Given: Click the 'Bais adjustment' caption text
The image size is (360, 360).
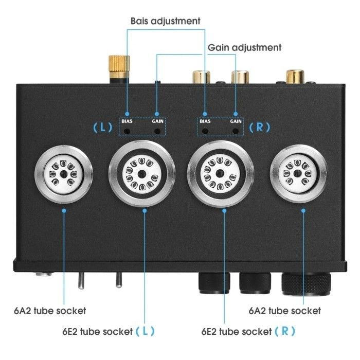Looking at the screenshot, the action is click(x=165, y=21).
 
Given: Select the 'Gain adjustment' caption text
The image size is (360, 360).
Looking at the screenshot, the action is click(x=244, y=47).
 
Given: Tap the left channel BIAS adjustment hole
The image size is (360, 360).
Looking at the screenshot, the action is click(x=127, y=132).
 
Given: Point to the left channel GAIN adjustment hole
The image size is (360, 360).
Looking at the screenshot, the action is click(x=157, y=132).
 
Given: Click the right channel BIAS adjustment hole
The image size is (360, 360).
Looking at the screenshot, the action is click(x=205, y=132).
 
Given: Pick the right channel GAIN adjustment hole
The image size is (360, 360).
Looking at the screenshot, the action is click(x=236, y=132).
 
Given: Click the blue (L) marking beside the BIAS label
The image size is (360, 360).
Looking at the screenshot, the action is click(x=103, y=127).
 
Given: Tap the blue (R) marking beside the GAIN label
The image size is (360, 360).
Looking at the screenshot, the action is click(x=260, y=127).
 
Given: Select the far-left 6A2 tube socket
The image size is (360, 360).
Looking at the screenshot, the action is click(x=64, y=174).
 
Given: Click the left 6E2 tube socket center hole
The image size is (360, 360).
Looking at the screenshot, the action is click(x=142, y=174).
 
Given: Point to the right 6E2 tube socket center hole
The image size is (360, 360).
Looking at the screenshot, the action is click(x=220, y=173).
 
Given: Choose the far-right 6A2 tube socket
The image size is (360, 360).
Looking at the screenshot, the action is click(x=298, y=173).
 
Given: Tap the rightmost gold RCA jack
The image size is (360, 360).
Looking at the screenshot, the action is click(x=295, y=77).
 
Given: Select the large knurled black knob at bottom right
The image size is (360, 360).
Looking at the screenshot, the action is click(x=307, y=284).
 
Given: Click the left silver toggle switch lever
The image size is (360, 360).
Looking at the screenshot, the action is click(x=81, y=280).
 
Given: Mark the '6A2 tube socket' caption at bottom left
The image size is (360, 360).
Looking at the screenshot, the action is click(x=50, y=311).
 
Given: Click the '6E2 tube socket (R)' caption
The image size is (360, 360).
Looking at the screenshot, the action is click(x=248, y=331).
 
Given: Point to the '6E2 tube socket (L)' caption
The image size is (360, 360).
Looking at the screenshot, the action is click(x=109, y=331).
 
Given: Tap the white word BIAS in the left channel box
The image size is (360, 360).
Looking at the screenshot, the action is click(x=127, y=121).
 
